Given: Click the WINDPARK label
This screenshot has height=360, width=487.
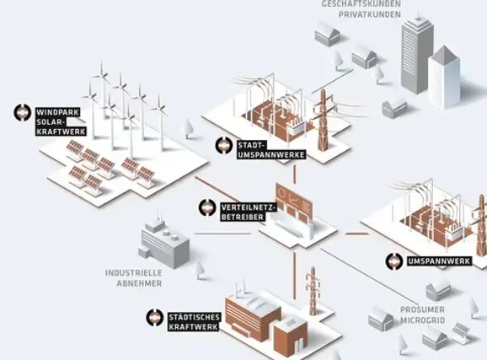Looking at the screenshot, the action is click(x=58, y=112).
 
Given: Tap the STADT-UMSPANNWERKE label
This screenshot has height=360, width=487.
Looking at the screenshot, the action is click(x=271, y=150).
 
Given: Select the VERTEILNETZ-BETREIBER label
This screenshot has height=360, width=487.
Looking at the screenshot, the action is click(x=249, y=212).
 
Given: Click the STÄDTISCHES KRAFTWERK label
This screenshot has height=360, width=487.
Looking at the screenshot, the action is click(x=194, y=322).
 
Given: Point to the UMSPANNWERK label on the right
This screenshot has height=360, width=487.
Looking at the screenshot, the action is click(x=439, y=261).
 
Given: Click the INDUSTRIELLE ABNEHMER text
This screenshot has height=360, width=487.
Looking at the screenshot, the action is click(x=134, y=278).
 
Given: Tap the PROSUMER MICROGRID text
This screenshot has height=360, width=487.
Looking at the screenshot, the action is click(x=422, y=314).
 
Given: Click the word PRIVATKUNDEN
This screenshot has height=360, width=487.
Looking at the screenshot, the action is click(x=370, y=14).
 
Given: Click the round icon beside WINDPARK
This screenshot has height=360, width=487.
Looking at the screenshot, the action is click(x=23, y=112).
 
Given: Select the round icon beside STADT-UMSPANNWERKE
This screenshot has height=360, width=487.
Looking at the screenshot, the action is click(x=224, y=145).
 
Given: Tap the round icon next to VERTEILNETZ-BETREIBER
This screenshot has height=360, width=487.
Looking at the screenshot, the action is click(x=207, y=207).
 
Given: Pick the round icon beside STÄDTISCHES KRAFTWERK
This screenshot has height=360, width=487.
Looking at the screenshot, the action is click(x=155, y=317).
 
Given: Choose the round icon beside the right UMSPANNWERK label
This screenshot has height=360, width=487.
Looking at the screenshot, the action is click(x=394, y=261).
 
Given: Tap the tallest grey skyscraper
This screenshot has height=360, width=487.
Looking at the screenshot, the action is click(x=417, y=53).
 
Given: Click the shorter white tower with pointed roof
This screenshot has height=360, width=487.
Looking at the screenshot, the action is click(x=444, y=77).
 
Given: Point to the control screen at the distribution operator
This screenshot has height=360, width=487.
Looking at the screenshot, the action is click(x=294, y=202).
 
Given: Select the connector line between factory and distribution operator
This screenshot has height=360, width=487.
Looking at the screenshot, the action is click(x=222, y=234).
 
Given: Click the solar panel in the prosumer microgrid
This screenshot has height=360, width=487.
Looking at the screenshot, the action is click(x=461, y=333).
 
